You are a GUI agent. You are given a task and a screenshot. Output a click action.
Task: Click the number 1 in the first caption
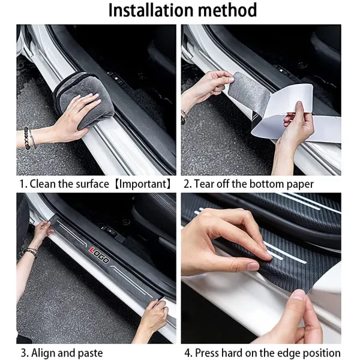[x=22, y=184]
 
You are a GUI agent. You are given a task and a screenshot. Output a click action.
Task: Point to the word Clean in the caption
[x=41, y=184]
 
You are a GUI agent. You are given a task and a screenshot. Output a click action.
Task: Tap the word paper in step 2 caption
[x=299, y=184]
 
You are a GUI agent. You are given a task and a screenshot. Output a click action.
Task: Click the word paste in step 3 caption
[x=89, y=353]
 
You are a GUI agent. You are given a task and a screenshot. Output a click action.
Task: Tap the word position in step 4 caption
[x=321, y=353]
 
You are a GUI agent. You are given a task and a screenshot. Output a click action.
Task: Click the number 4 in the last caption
[x=187, y=353]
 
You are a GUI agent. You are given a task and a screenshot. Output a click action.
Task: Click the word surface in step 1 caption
[x=91, y=184]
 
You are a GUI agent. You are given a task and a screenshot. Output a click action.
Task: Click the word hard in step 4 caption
[x=232, y=353]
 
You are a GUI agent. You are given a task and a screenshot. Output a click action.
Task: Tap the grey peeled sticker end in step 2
[x=250, y=93]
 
